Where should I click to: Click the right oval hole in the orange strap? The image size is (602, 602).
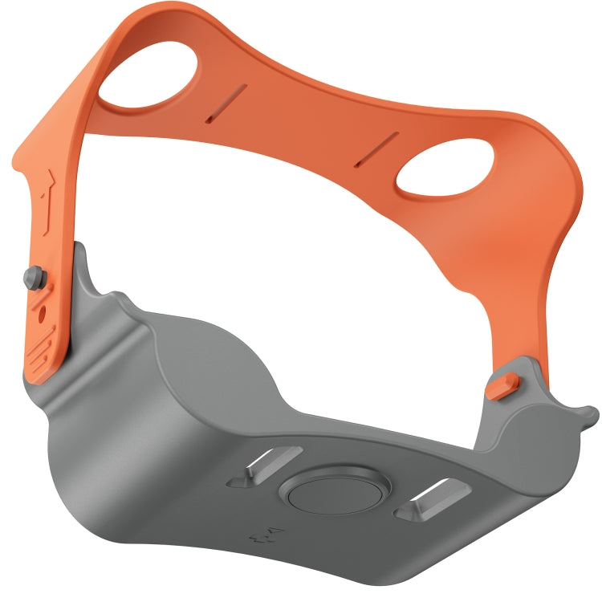[x=444, y=168]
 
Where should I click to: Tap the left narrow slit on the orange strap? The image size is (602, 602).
[x=226, y=104]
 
